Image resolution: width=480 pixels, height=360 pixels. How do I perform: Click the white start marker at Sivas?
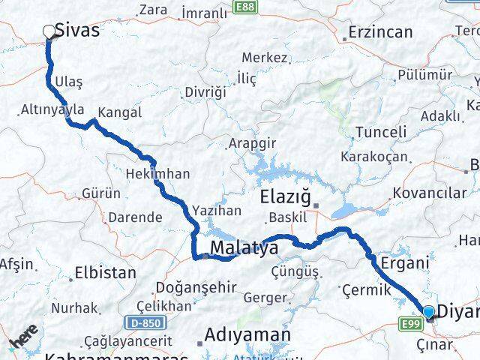coord(49,31)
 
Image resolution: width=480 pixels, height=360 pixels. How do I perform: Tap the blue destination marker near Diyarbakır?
coord(428,311)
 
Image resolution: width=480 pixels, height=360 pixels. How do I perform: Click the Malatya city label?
coord(244,247)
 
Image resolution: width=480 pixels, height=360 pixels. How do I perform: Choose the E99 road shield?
coord(409,324)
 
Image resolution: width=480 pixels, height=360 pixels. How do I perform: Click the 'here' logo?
coord(23,339)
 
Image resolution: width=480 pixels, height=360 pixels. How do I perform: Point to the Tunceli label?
coord(380,132)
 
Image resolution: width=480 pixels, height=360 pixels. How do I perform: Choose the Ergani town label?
coord(405,263)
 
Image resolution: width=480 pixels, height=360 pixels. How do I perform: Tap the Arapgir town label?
coord(252,142)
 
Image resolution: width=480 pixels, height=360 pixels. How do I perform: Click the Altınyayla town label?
coord(52,109)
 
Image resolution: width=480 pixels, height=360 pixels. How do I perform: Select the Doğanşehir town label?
coord(196,287)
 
